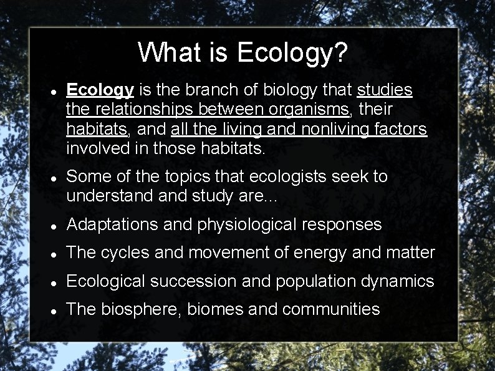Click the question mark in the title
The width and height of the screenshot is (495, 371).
click(x=339, y=52)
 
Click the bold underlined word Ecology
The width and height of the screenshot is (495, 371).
click(x=100, y=90)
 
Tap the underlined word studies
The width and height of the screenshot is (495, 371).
click(x=385, y=90)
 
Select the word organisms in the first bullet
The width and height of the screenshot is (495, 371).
click(x=310, y=109)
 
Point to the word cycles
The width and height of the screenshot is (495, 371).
click(x=129, y=253)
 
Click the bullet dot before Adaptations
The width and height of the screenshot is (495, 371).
click(x=55, y=226)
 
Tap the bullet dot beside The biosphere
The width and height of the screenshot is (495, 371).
click(x=55, y=311)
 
